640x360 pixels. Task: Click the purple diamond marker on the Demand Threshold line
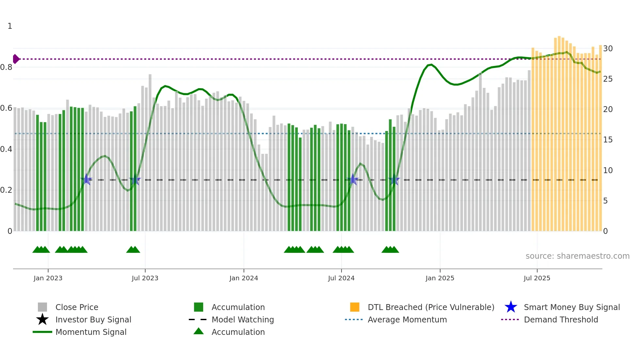[x=16, y=59]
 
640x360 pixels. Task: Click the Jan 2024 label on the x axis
[x=244, y=278]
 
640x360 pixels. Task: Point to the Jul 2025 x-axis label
[x=537, y=278]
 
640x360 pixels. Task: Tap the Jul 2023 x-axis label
[x=145, y=278]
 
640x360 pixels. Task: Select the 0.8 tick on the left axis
[x=6, y=67]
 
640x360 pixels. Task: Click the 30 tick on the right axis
[x=608, y=49]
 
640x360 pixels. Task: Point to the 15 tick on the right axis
[x=608, y=140]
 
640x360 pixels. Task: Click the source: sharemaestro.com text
[x=577, y=256]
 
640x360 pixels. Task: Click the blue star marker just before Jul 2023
[x=135, y=180]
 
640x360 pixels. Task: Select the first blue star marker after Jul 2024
[x=353, y=180]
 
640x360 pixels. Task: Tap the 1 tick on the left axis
[x=10, y=26]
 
